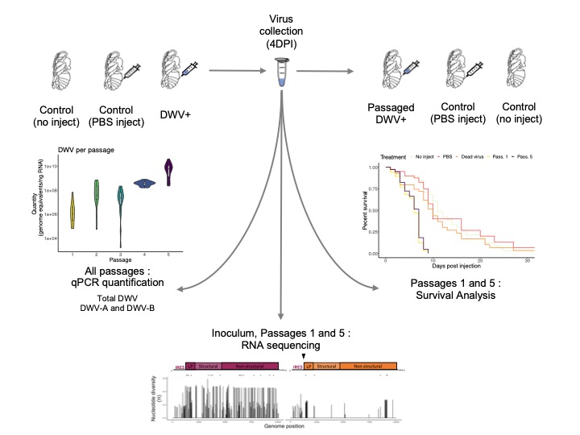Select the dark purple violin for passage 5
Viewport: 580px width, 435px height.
point(168,172)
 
